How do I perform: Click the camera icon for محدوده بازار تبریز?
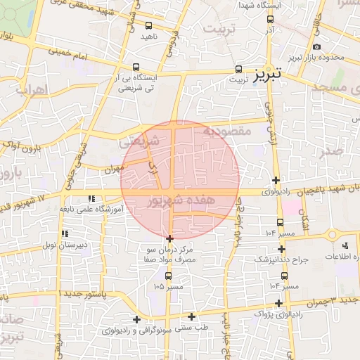tap(317, 46)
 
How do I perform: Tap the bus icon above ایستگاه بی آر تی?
tap(136, 67)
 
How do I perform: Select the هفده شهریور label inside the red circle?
tap(178, 201)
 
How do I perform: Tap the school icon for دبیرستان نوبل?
tap(65, 233)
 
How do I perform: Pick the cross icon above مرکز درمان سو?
tap(169, 239)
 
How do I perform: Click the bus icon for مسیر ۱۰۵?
tap(167, 276)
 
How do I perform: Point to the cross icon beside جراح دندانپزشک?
tap(282, 249)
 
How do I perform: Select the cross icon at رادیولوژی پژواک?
tap(279, 303)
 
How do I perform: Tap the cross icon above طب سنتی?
tap(191, 316)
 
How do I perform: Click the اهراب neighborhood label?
tap(30, 90)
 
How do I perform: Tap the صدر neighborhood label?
tap(330, 153)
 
